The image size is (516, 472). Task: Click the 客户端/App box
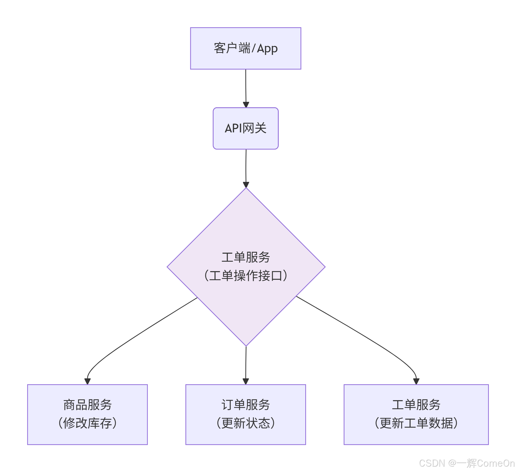[245, 48]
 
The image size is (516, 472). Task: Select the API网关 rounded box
[245, 128]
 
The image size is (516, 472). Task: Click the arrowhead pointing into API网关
[246, 105]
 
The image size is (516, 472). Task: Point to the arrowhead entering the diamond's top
[246, 185]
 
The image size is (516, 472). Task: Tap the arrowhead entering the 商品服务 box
[87, 381]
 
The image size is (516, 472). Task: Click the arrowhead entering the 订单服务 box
[246, 381]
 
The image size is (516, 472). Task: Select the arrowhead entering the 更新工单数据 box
[416, 381]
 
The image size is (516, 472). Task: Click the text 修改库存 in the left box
[87, 423]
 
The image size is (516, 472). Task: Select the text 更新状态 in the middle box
[246, 423]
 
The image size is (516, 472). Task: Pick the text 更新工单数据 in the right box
[416, 423]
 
